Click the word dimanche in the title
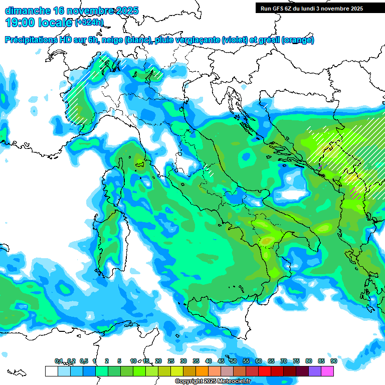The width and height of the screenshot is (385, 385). [x=28, y=11]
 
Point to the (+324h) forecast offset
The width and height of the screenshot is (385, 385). [x=89, y=23]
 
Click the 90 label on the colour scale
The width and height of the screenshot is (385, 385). [x=333, y=361]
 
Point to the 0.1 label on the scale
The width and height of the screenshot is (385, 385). [x=59, y=361]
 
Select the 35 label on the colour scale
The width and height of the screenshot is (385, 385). [x=196, y=361]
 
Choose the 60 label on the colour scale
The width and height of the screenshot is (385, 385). [x=259, y=361]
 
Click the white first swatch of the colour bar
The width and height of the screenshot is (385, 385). [x=51, y=371]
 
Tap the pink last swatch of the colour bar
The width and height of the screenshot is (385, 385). [x=327, y=371]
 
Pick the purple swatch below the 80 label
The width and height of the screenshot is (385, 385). [x=315, y=371]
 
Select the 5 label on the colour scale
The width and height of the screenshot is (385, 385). [x=119, y=361]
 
